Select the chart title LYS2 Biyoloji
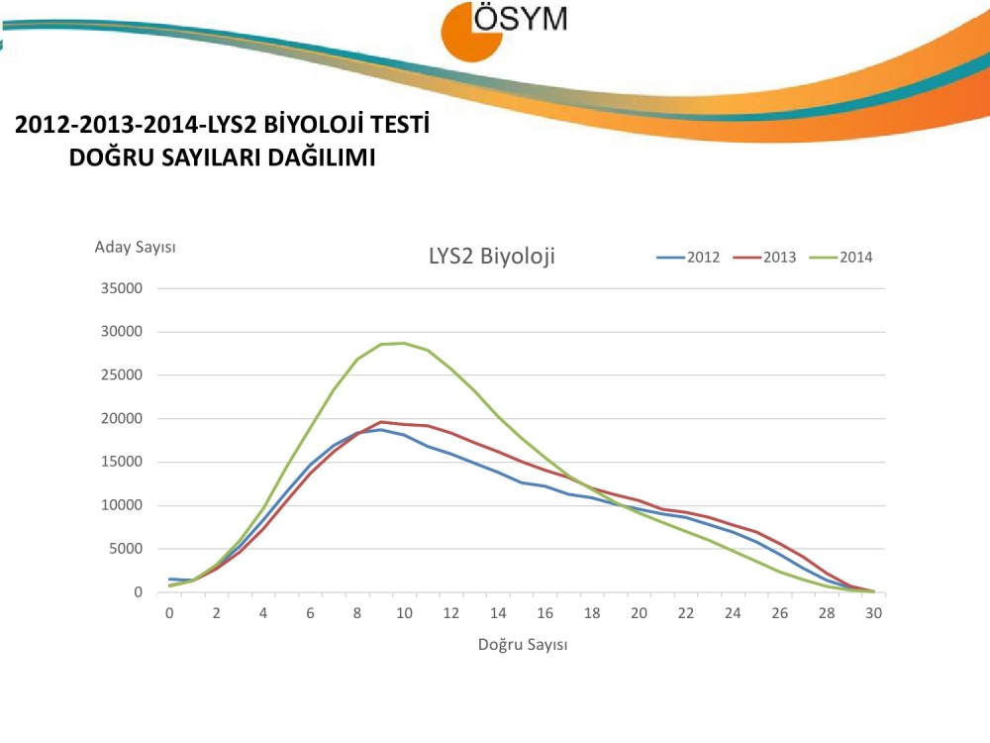coord(492,257)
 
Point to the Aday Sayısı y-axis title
coord(135,247)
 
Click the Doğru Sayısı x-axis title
coord(523,645)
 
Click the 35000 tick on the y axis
coord(124,288)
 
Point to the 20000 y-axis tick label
coord(124,418)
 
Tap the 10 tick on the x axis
coord(404,613)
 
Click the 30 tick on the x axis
coord(873,613)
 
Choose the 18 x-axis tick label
coord(592,613)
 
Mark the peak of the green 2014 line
coord(404,343)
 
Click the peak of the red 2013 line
coord(381,422)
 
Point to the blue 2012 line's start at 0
coord(170,579)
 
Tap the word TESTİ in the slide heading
coord(398,126)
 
